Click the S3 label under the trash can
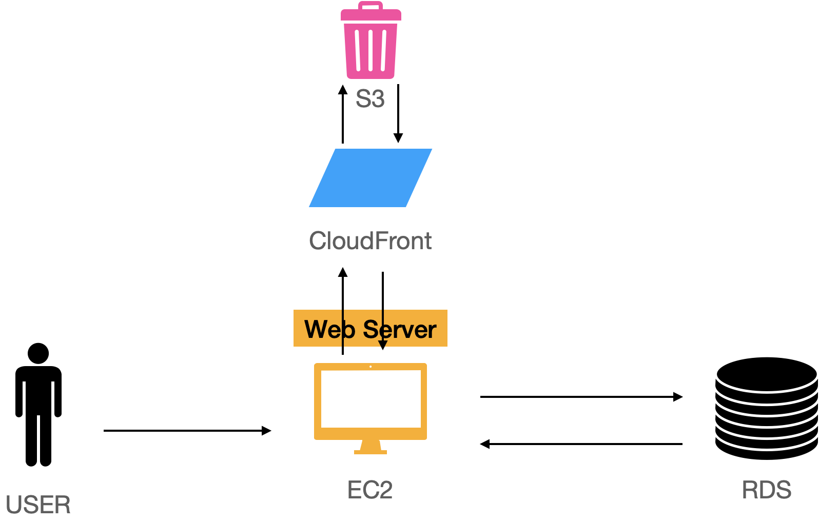tap(370, 98)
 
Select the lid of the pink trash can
tap(371, 15)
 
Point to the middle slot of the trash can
tap(371, 50)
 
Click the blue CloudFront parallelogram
tap(371, 178)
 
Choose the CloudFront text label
tap(370, 241)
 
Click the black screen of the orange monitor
tap(371, 398)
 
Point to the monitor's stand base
tap(371, 451)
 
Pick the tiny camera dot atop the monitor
tap(371, 366)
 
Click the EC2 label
tap(369, 490)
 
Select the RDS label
tap(766, 490)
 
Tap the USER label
tap(38, 505)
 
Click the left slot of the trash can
tap(358, 50)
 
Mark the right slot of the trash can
tap(383, 50)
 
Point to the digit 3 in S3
tap(377, 98)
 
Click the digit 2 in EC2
tap(385, 490)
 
